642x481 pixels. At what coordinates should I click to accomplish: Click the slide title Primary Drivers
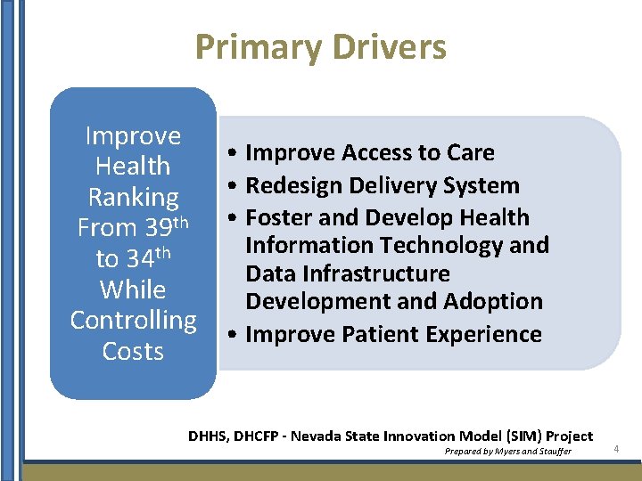[320, 47]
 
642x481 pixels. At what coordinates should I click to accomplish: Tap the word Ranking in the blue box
[133, 198]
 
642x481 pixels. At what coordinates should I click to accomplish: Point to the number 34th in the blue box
[144, 258]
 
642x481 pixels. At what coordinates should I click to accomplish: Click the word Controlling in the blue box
[133, 320]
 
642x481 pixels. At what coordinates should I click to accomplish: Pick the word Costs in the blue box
[133, 351]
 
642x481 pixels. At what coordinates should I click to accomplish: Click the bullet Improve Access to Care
[369, 153]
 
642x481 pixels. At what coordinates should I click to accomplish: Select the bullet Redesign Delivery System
[382, 186]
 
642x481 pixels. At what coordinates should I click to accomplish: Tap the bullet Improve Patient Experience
[393, 335]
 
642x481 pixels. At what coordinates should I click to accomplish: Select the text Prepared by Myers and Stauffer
[508, 452]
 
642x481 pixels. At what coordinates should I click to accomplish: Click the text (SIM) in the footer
[521, 436]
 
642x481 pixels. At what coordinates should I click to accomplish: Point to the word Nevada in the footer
[323, 436]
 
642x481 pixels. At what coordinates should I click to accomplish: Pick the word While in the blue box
[133, 289]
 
